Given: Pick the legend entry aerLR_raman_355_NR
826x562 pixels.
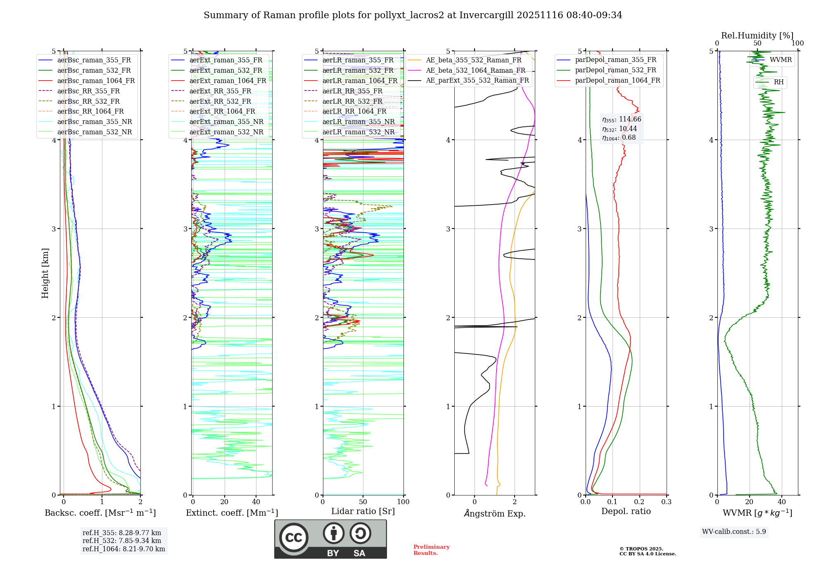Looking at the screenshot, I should pyautogui.click(x=358, y=121).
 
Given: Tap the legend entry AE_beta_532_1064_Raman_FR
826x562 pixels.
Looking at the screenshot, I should pyautogui.click(x=475, y=70).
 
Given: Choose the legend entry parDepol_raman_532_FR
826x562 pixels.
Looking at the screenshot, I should pyautogui.click(x=615, y=70).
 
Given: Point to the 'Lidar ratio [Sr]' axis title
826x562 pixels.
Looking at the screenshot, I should pyautogui.click(x=363, y=511).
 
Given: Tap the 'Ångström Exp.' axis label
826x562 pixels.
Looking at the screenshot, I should pyautogui.click(x=494, y=513).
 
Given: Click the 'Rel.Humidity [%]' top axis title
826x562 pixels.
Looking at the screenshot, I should pyautogui.click(x=757, y=36).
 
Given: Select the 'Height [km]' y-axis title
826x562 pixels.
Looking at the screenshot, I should pyautogui.click(x=45, y=273).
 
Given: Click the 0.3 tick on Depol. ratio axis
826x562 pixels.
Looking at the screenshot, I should pyautogui.click(x=666, y=502).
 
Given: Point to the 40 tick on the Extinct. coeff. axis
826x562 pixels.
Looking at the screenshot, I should pyautogui.click(x=256, y=502).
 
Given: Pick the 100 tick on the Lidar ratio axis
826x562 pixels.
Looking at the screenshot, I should pyautogui.click(x=403, y=502).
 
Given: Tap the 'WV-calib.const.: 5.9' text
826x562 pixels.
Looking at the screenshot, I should pyautogui.click(x=734, y=531).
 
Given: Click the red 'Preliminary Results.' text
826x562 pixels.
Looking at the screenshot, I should pyautogui.click(x=431, y=550).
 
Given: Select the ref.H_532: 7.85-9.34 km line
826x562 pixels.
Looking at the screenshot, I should pyautogui.click(x=122, y=541).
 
